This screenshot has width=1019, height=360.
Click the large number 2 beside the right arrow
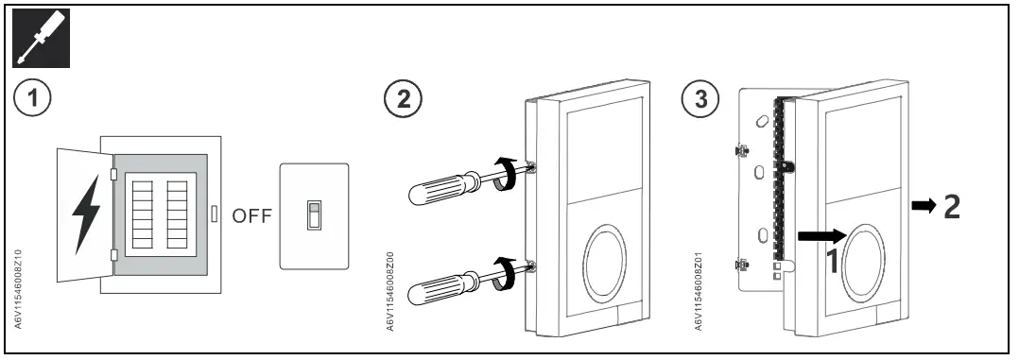pyautogui.click(x=952, y=207)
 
